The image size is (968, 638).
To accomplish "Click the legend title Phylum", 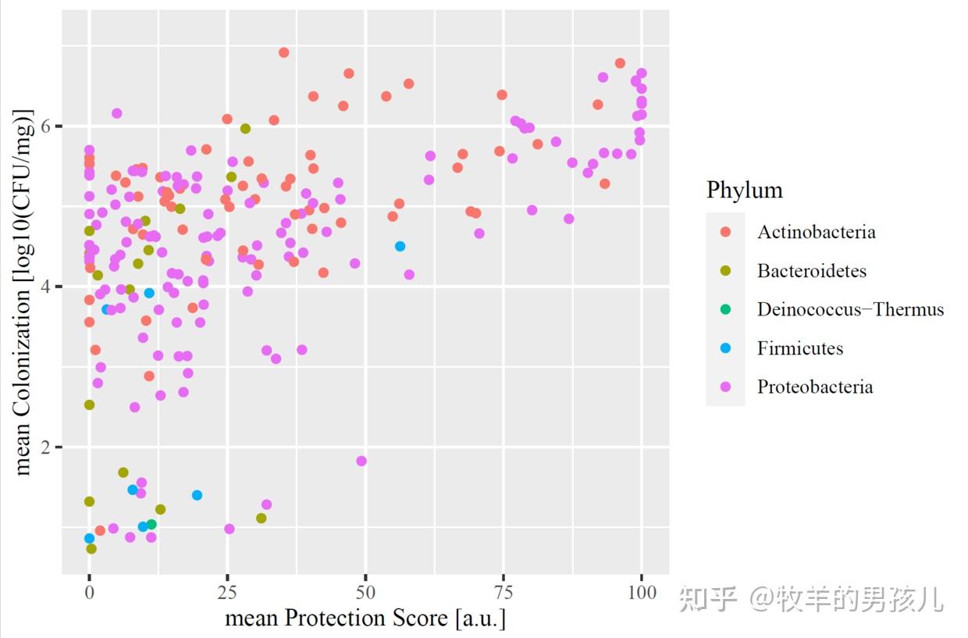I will (744, 190).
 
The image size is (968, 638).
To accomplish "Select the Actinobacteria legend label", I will (816, 232).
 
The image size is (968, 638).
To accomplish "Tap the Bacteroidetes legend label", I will (811, 271).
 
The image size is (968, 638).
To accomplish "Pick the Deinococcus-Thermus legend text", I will (850, 309).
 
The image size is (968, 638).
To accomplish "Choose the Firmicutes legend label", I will (799, 348).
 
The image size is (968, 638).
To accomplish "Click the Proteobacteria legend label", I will (814, 387).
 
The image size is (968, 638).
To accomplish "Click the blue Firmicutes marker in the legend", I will (725, 348).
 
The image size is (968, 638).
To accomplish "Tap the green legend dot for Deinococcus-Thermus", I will (725, 309).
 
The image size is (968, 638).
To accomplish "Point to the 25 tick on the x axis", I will (227, 591).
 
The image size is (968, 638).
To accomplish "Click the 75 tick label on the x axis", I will (504, 591).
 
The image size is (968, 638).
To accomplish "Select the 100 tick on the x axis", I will (641, 591).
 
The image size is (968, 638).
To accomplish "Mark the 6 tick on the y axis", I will (48, 126).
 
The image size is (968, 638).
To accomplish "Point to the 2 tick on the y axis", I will (48, 447).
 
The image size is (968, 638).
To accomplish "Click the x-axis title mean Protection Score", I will (365, 618).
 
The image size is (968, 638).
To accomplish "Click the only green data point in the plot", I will (151, 524).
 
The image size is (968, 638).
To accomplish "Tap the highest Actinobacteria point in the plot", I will (283, 52).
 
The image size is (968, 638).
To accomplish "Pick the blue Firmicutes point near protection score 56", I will (400, 246).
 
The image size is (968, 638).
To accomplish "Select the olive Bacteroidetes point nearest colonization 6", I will (245, 128).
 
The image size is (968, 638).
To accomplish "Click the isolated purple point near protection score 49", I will (361, 461).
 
